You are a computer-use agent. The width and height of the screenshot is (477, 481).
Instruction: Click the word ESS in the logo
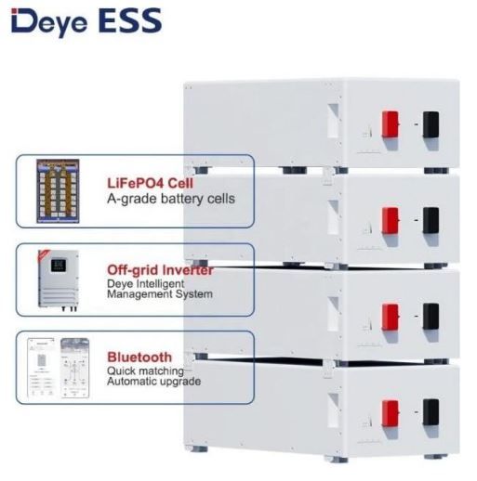pos(130,20)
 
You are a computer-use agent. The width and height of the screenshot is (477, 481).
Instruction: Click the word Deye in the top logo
pos(49,23)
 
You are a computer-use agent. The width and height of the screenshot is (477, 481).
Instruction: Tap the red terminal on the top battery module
pos(391,124)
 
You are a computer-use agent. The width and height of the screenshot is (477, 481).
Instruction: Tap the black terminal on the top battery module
pos(431,124)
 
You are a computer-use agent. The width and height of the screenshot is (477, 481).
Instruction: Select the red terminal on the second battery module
pos(391,220)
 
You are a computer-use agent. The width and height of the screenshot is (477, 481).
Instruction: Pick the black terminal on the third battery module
pos(431,317)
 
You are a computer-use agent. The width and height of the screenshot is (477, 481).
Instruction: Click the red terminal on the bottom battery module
pos(391,413)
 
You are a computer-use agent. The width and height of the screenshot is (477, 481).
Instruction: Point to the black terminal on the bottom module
pos(431,412)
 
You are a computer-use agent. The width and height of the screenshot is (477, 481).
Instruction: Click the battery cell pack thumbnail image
pos(58,191)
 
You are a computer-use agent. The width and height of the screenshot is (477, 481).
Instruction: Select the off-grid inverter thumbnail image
pos(58,280)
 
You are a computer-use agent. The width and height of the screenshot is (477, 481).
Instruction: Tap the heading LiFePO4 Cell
pos(150,183)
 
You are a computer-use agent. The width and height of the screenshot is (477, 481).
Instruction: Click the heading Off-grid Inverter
pos(160,270)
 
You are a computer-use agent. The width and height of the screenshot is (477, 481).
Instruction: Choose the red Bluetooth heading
pos(139,357)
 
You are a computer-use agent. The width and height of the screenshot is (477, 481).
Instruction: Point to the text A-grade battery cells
pos(171,199)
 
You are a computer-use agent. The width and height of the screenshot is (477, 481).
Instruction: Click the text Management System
pos(160,294)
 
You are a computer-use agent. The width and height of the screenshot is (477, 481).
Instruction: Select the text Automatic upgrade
pos(153,381)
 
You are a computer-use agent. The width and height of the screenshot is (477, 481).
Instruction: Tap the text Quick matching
pos(145,370)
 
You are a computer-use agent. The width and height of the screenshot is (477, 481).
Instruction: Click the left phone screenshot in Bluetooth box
pos(41,368)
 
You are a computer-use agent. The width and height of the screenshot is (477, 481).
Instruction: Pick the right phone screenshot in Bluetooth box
pos(74,368)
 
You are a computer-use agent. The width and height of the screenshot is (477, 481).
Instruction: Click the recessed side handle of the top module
pos(333,121)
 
